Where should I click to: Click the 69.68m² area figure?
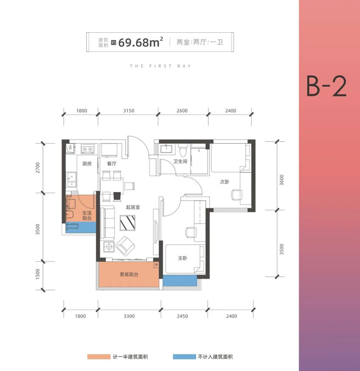click(136, 42)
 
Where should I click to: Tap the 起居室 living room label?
click(133, 207)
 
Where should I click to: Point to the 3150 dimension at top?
click(128, 111)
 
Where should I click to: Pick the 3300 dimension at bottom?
click(129, 316)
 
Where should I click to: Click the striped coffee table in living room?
click(128, 222)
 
